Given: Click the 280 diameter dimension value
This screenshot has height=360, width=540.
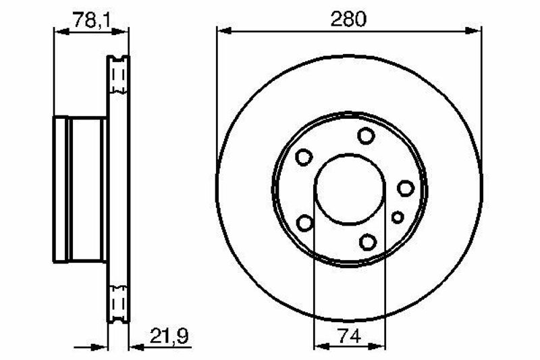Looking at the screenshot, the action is [348, 19].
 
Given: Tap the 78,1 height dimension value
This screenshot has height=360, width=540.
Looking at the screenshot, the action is [91, 20].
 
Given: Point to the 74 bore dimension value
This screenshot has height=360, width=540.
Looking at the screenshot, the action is [349, 336].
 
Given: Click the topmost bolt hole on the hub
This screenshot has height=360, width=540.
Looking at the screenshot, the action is [366, 136].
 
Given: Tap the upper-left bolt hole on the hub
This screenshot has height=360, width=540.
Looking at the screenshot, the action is [304, 157].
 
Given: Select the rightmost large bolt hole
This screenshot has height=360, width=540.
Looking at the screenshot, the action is [406, 188].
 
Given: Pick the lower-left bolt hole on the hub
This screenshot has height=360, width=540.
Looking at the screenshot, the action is [305, 222].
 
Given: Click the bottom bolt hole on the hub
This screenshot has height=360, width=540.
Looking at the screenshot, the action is [368, 242].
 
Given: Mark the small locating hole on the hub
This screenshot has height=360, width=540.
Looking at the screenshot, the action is [398, 217].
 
